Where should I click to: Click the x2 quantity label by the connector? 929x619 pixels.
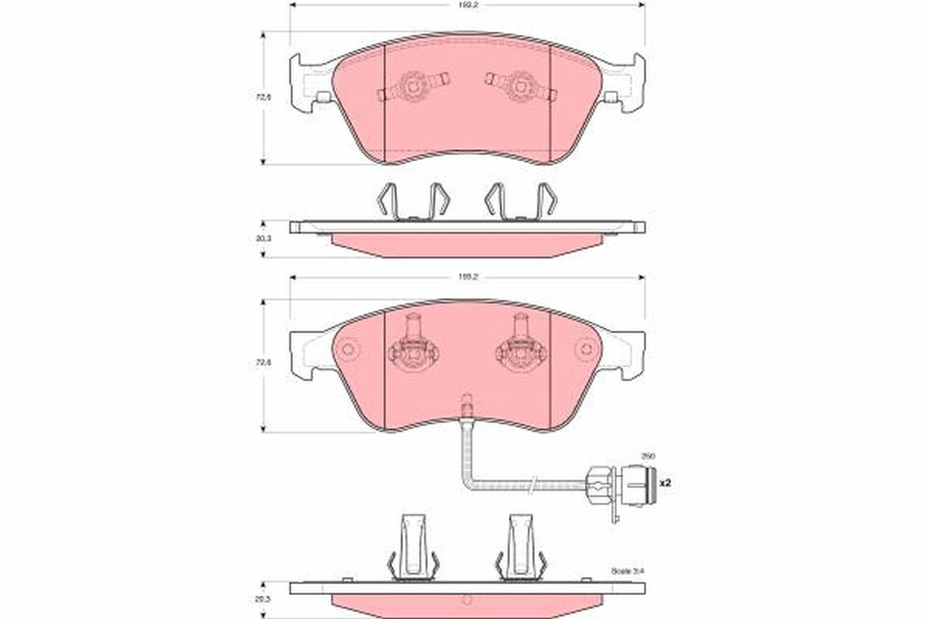(663, 483)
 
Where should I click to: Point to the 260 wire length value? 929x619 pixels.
(647, 457)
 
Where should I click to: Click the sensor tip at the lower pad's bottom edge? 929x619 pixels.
(467, 405)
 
